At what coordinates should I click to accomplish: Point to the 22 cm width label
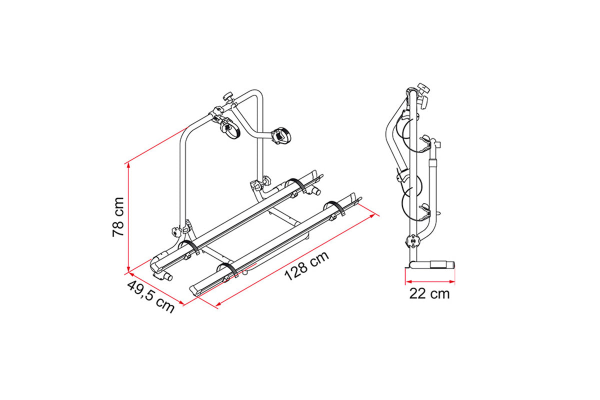point(429,293)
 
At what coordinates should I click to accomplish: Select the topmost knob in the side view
point(425,89)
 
